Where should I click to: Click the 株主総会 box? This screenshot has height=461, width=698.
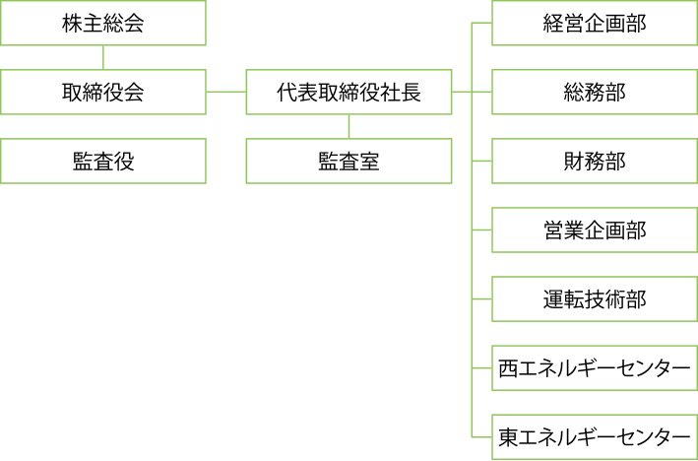point(103,23)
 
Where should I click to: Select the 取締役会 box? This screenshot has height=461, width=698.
point(103,92)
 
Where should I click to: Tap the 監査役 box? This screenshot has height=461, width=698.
point(103,161)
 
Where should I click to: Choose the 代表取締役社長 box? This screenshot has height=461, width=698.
point(349,92)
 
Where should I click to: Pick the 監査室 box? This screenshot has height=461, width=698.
point(349,161)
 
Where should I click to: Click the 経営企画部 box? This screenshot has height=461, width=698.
point(595,23)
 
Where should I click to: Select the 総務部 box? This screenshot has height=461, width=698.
point(595,92)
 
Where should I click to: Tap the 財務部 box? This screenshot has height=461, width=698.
point(595,161)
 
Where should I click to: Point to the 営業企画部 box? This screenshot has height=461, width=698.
point(595,230)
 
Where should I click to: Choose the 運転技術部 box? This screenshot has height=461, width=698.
point(595,298)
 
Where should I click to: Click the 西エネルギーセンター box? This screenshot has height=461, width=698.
point(595,367)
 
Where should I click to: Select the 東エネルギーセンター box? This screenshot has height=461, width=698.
point(595,436)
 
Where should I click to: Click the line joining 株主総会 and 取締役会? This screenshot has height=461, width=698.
point(103,57)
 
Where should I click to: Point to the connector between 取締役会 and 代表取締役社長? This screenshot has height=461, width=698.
point(226,92)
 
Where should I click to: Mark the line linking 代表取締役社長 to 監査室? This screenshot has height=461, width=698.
point(349,126)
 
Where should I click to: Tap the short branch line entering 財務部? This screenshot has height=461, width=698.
point(482,161)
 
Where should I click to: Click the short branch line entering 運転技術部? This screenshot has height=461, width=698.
point(482,298)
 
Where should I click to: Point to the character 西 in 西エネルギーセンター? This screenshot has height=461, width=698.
point(508,368)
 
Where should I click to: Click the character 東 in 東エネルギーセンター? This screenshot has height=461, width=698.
point(508,437)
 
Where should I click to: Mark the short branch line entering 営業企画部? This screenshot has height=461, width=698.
point(482,230)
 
